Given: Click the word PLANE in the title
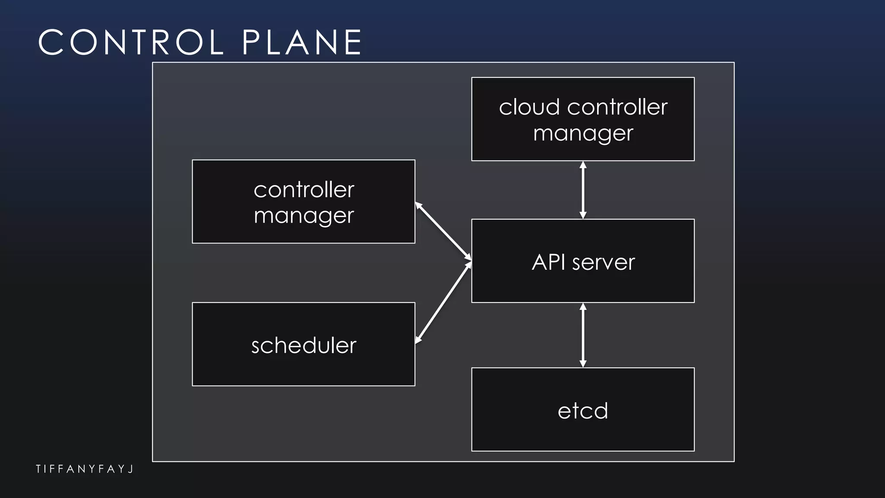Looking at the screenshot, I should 302,42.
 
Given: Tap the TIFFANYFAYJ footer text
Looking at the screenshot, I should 85,469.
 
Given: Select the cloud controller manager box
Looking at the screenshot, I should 583,119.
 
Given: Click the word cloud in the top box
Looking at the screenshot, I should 529,107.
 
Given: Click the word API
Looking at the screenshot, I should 548,262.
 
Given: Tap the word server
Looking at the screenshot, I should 603,262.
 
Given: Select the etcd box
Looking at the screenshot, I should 583,409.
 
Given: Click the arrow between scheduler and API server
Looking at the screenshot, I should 443,302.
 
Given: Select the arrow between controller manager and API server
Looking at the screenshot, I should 443,231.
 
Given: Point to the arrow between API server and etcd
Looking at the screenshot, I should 583,335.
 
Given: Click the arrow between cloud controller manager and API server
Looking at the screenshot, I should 583,190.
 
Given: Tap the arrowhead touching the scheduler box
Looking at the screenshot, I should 418,340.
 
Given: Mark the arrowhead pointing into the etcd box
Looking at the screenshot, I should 583,364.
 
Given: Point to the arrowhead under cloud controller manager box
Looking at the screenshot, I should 583,165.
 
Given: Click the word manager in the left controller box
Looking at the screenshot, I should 303,215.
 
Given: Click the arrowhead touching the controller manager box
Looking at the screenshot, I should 418,205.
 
